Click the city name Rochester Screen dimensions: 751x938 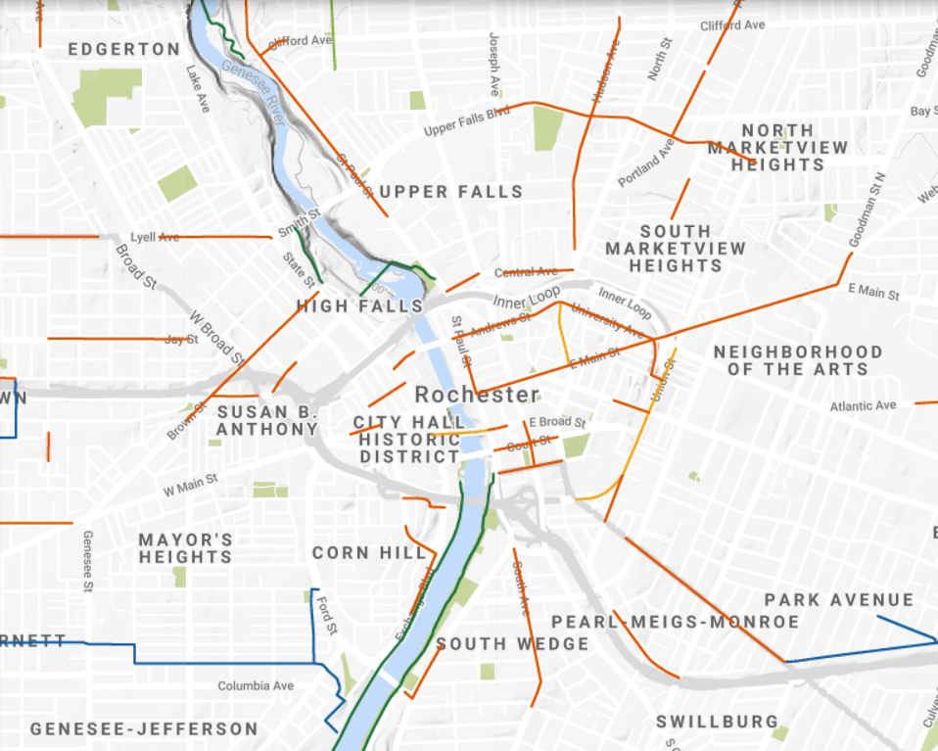[x=477, y=395]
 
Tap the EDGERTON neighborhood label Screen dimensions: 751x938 [x=124, y=49]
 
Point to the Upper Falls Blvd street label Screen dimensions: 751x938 [x=467, y=122]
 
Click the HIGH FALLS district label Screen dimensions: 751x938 [x=359, y=306]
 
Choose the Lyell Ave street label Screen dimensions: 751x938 [x=156, y=237]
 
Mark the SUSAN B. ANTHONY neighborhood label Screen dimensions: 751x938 [x=267, y=421]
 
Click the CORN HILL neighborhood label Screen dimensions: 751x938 [x=370, y=553]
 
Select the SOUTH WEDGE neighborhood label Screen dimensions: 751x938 [x=512, y=644]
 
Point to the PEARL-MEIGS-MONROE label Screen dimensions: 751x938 [x=675, y=622]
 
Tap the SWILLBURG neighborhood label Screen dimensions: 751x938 [x=717, y=722]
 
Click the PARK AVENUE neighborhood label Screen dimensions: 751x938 [x=838, y=599]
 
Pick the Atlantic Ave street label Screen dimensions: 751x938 [x=863, y=405]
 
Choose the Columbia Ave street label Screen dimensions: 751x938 [x=255, y=685]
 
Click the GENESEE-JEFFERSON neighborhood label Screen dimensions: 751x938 [x=144, y=729]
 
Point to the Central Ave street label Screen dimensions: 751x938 [x=526, y=272]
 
